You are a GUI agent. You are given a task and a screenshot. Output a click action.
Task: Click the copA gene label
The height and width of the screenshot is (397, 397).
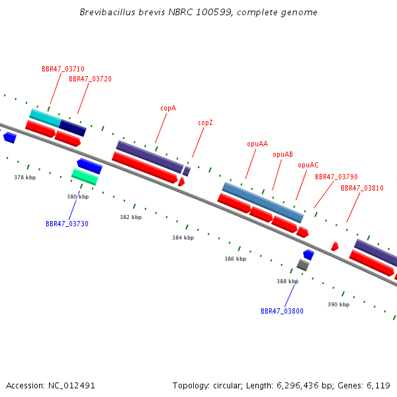click(x=168, y=109)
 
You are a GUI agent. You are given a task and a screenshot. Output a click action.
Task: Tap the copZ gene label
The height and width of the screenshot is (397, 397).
click(x=205, y=123)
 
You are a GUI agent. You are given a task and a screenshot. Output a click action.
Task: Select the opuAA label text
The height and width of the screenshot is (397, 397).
click(x=257, y=144)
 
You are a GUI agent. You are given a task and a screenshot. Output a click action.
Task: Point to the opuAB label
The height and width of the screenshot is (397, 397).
click(x=283, y=154)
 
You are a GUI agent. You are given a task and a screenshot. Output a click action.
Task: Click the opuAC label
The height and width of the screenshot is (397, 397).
click(x=308, y=165)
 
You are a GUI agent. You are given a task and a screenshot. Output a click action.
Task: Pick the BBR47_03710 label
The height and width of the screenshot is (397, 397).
click(x=63, y=69)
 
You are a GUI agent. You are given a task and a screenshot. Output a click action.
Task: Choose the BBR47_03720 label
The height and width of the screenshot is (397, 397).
click(x=90, y=79)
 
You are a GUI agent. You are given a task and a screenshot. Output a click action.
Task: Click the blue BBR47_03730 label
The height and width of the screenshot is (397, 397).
click(x=67, y=224)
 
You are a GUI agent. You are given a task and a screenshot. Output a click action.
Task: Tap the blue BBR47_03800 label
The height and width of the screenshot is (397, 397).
click(x=282, y=311)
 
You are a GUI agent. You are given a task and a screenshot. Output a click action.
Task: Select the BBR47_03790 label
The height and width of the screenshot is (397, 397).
click(x=336, y=177)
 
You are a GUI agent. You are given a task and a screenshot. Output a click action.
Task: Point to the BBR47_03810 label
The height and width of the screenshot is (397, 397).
click(x=362, y=188)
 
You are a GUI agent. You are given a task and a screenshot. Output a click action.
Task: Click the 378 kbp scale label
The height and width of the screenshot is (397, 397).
click(x=25, y=177)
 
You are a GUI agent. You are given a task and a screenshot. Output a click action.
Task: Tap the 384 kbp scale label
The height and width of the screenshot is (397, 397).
click(x=183, y=238)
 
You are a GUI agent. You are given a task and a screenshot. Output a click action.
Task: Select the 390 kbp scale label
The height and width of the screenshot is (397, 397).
click(x=339, y=304)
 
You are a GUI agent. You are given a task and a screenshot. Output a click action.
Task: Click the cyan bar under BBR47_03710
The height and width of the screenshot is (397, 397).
click(x=45, y=118)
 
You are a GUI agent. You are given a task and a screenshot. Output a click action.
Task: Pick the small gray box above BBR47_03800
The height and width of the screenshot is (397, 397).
click(x=303, y=265)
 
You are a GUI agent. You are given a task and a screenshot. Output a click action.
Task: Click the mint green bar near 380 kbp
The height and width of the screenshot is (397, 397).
click(x=85, y=177)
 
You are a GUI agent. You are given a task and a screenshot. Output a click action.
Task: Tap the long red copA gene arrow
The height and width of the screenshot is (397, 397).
click(x=145, y=167)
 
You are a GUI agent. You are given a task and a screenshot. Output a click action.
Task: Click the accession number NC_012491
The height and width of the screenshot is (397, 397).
click(x=71, y=386)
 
